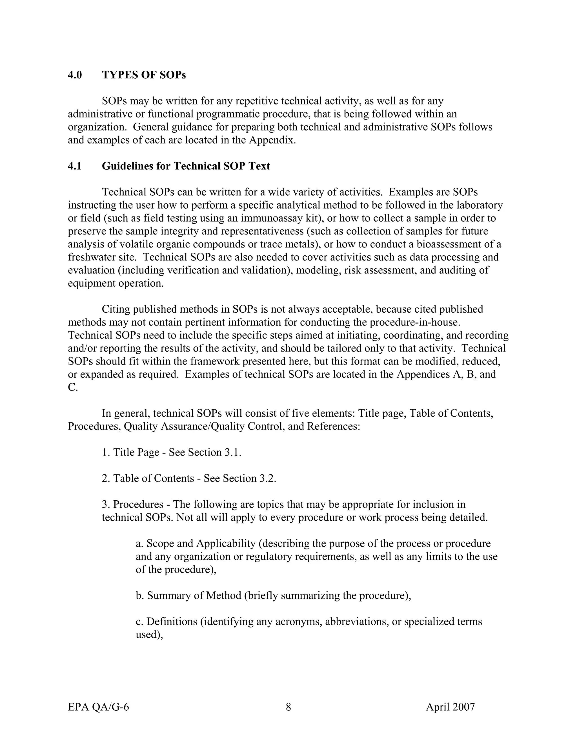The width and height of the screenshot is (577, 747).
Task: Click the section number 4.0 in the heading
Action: click(75, 75)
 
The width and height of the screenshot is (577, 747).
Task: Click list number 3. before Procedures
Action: click(106, 504)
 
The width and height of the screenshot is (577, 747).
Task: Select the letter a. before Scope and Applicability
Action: click(139, 543)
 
